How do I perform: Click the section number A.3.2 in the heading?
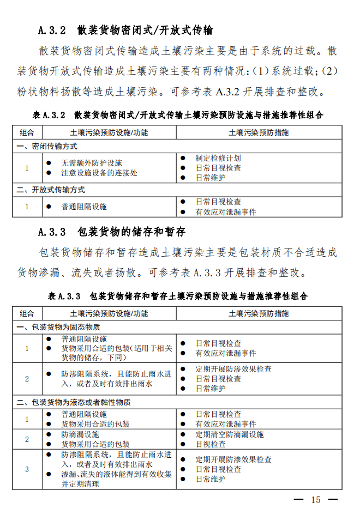coord(52,30)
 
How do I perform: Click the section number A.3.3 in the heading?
coord(52,231)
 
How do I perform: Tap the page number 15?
coord(316,500)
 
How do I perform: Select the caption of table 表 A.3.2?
coord(178,115)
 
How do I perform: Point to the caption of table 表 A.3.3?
coord(178,296)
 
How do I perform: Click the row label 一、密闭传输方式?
coord(47,147)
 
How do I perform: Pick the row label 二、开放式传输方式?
coord(51,190)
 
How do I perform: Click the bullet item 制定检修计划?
coord(218,158)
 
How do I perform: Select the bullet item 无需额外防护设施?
coord(92,163)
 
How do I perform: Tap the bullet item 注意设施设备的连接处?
coord(99,173)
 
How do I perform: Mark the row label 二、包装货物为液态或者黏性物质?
coord(74,402)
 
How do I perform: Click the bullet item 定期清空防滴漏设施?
coord(230,434)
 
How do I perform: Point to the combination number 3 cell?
coord(27,469)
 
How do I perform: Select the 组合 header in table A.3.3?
coord(27,313)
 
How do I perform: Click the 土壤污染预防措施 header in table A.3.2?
coord(259,132)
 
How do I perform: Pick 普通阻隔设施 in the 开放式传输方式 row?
coord(84,207)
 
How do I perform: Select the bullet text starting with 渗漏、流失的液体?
coord(116,475)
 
